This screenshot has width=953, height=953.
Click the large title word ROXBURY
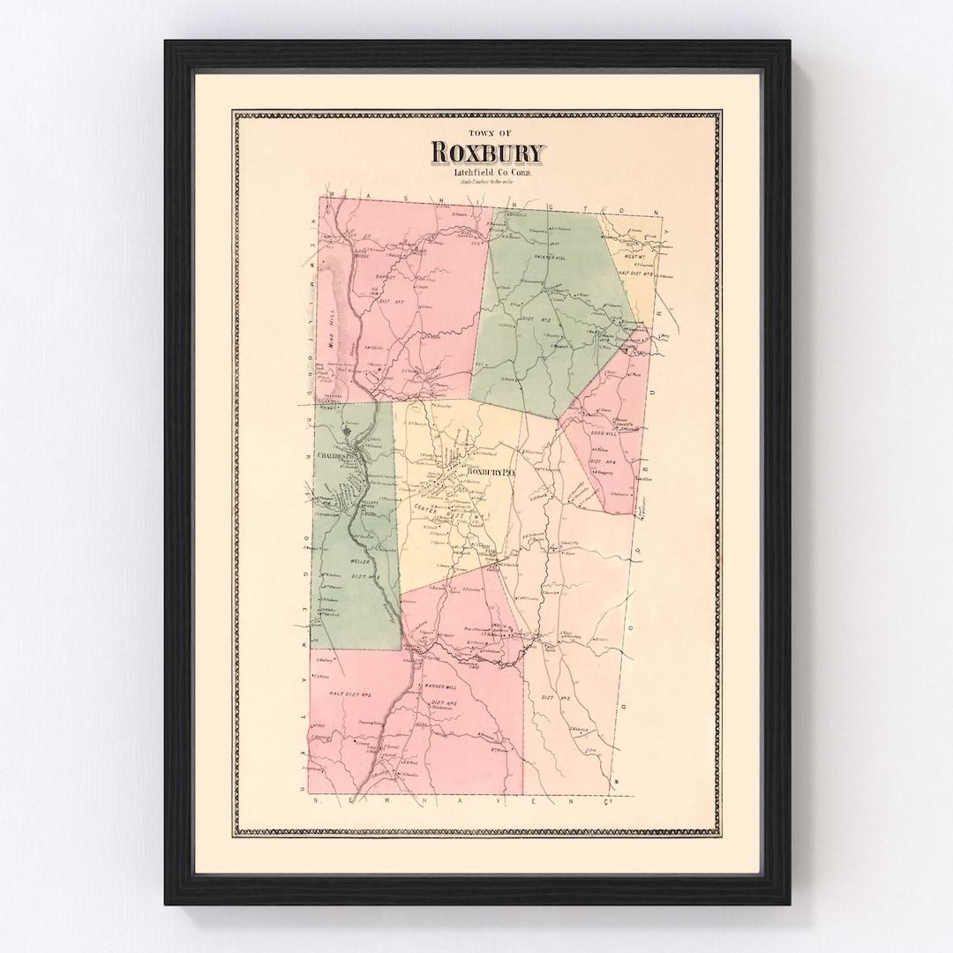point(488,153)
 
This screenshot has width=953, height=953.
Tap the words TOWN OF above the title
point(487,133)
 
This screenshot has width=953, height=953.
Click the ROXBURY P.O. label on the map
point(490,473)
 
